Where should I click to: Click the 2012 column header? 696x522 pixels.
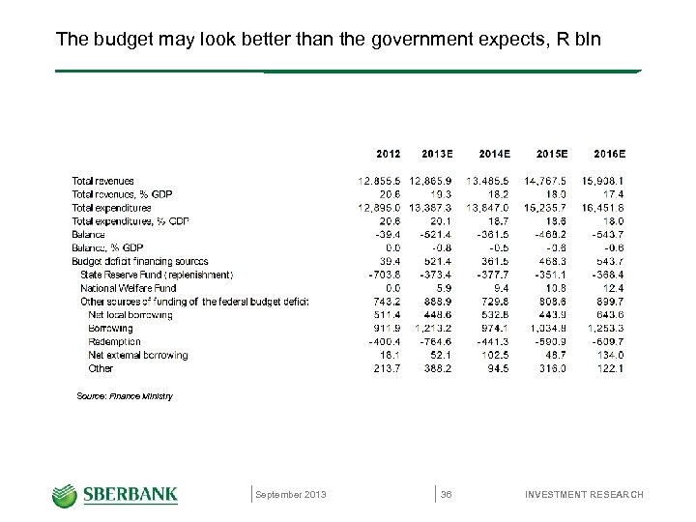pos(389,154)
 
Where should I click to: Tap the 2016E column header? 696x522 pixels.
pos(609,154)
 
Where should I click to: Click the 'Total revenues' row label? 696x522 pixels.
pos(102,181)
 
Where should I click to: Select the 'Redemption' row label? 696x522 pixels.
pos(114,341)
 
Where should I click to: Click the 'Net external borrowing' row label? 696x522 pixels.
pos(137,355)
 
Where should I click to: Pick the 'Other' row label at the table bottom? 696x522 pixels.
pos(101,368)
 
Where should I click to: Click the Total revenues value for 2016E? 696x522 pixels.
pos(603,181)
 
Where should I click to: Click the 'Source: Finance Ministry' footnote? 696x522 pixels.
pos(124,396)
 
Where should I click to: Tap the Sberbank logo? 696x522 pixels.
pos(115,495)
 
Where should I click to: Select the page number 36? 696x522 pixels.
pos(447,495)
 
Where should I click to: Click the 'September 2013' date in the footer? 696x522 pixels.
pos(291,495)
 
